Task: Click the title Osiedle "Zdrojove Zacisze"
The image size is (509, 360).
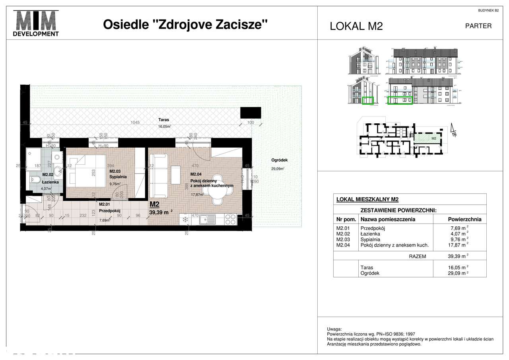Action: point(185,25)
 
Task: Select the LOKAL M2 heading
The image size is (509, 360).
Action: point(356,26)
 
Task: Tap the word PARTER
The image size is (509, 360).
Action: point(478,26)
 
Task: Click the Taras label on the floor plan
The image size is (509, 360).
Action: point(163,120)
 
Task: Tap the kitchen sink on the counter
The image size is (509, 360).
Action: point(207,218)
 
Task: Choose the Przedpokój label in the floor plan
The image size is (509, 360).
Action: point(110,211)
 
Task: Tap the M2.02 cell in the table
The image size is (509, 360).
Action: point(343,234)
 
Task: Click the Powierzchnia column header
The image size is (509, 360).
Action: point(464,219)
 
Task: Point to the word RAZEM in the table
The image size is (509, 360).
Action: point(417,257)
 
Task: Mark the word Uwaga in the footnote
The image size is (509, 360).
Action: point(334,329)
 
